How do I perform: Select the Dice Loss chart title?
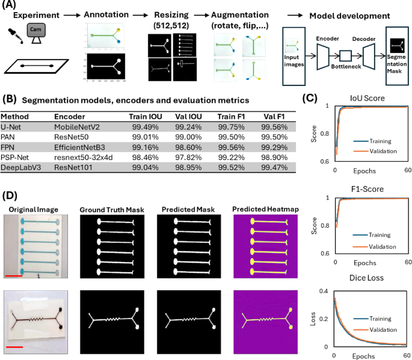[x=368, y=278]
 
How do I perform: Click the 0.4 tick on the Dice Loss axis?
[x=324, y=291]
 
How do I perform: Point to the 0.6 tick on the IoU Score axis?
[x=324, y=162]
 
